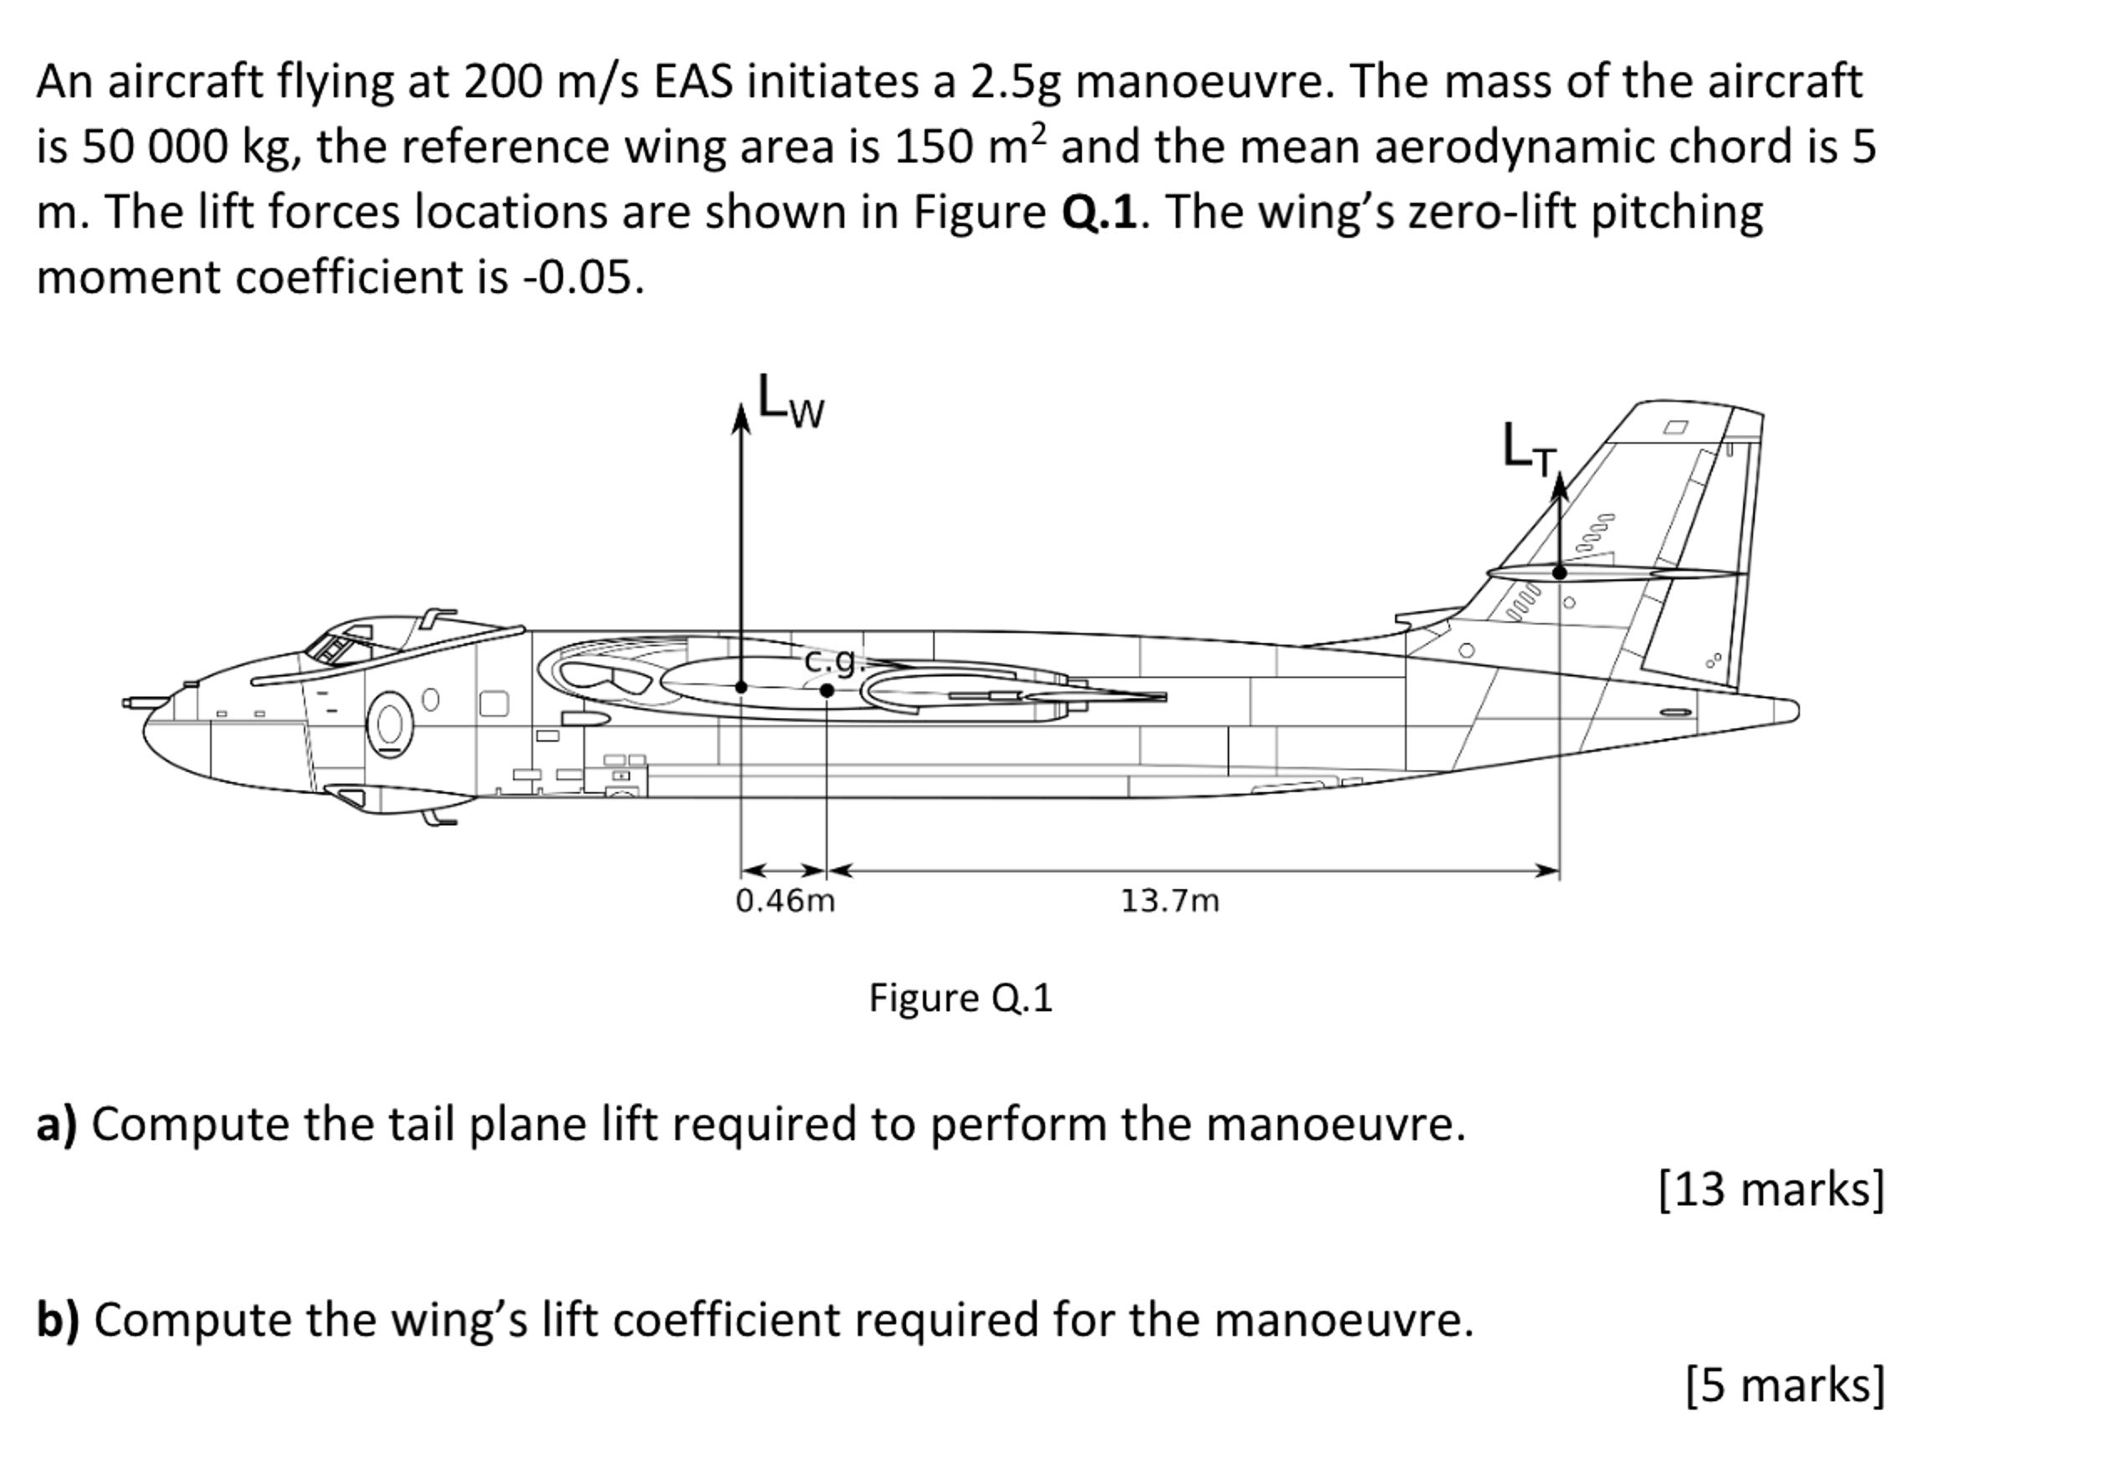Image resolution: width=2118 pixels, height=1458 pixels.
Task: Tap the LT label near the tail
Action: coord(1528,450)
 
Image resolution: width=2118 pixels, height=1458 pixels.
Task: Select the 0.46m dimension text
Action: coord(786,901)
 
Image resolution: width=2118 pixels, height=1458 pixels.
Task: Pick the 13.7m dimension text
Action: coord(1170,901)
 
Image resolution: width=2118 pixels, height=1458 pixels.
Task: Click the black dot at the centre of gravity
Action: coord(827,690)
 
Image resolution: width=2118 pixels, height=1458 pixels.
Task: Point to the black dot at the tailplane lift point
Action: coord(1560,572)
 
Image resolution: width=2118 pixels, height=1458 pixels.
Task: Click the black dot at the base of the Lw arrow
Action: coord(741,687)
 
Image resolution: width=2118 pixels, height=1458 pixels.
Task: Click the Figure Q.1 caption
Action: coord(960,998)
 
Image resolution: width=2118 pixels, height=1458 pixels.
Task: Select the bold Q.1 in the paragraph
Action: coord(1100,212)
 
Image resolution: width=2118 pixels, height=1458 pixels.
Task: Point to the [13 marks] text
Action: coord(1771,1189)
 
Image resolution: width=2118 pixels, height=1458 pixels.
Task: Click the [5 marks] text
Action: coord(1785,1385)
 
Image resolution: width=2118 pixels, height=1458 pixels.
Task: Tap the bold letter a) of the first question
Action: coord(57,1124)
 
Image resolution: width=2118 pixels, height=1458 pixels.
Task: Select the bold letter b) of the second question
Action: coord(58,1320)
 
